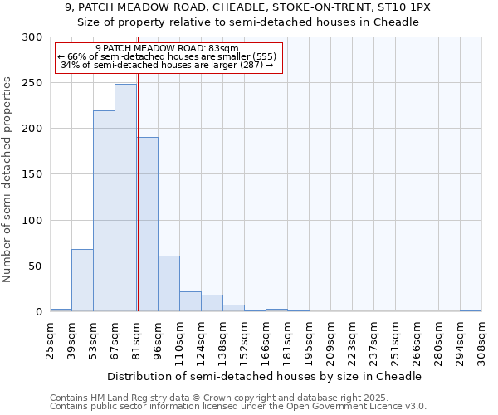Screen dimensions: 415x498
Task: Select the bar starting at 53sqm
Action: pyautogui.click(x=104, y=211)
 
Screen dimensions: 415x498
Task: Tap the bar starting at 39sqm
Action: pyautogui.click(x=82, y=280)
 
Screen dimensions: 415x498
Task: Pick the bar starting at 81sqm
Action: pyautogui.click(x=148, y=224)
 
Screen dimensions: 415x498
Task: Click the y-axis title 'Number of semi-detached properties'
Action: pyautogui.click(x=8, y=179)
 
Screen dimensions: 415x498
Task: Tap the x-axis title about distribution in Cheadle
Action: pyautogui.click(x=265, y=376)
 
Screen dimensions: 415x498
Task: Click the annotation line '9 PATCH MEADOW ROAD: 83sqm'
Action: pyautogui.click(x=167, y=48)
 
